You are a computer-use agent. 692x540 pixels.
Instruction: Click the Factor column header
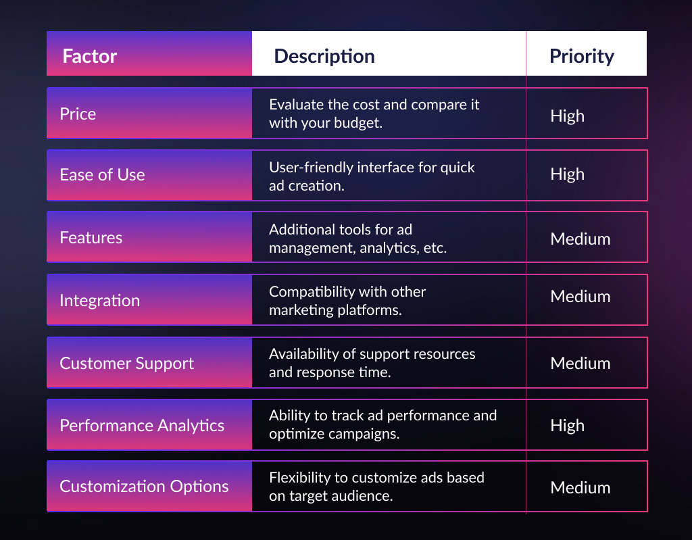tap(90, 56)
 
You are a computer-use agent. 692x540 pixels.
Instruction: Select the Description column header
tap(324, 56)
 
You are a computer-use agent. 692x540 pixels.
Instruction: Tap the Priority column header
tap(582, 57)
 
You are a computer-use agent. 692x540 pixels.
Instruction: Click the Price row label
tap(78, 114)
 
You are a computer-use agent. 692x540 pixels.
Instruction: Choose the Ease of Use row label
tap(103, 175)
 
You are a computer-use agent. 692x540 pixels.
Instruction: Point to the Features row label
tap(91, 237)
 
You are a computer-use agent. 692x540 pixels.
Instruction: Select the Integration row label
tap(100, 300)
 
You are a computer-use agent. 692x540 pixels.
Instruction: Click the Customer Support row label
tap(126, 364)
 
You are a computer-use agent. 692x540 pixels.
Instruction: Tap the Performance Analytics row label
tap(142, 426)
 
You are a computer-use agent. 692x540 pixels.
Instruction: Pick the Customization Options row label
tap(144, 487)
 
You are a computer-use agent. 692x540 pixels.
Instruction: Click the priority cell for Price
tap(567, 116)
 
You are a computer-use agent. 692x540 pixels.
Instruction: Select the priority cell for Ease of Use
tap(567, 174)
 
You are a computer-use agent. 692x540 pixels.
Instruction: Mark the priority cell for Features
tap(580, 239)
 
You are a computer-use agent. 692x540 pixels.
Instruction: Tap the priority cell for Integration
tap(580, 296)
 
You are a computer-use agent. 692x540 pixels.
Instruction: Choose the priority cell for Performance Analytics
tap(567, 426)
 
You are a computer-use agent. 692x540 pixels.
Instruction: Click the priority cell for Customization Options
tap(580, 487)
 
